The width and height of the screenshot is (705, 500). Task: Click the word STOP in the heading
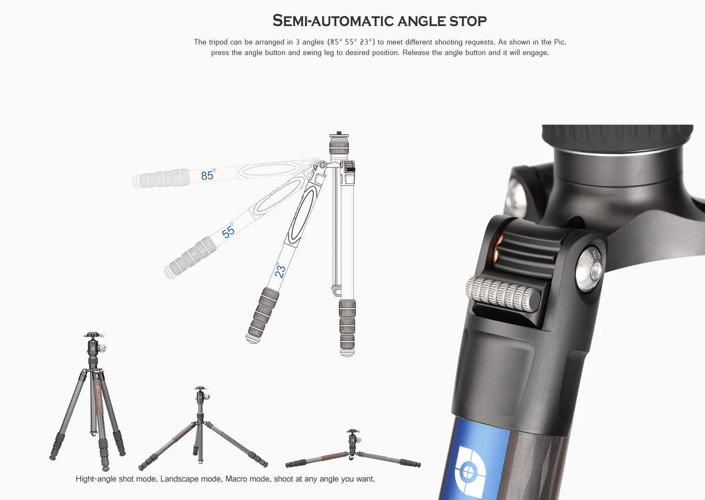coord(465,21)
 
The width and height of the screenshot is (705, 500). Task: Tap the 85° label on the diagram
coord(208,175)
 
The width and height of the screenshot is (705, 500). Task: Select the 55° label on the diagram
coord(229,230)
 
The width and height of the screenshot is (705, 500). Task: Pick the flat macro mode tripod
coord(352,450)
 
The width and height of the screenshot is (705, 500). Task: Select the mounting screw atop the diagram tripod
coord(338,135)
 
